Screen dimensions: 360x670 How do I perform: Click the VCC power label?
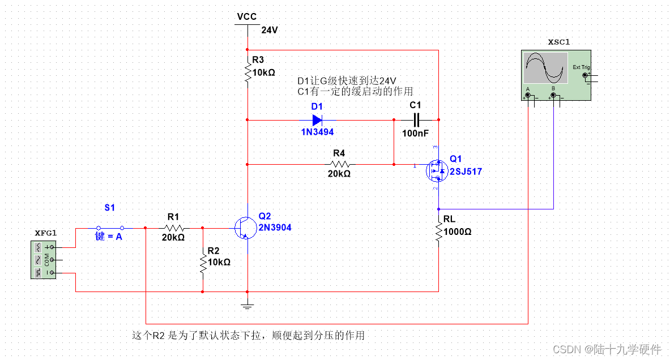247,16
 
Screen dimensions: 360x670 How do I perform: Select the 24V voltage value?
270,30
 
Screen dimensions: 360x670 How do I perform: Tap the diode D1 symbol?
317,120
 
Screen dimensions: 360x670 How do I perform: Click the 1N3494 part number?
317,132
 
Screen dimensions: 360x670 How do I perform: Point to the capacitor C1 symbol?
416,120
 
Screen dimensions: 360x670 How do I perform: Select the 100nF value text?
416,134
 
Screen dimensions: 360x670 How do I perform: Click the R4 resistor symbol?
339,164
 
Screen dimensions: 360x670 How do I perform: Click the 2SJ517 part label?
466,172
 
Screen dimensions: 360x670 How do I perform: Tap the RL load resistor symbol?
438,232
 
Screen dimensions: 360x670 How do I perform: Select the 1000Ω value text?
458,232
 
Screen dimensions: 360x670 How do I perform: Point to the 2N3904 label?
275,228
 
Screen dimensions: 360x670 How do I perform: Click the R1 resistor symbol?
173,228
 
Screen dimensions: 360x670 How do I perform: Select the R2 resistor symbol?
203,262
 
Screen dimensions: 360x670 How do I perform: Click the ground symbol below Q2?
247,306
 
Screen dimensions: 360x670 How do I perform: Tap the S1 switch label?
109,208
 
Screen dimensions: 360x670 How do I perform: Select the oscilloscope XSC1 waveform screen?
545,68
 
